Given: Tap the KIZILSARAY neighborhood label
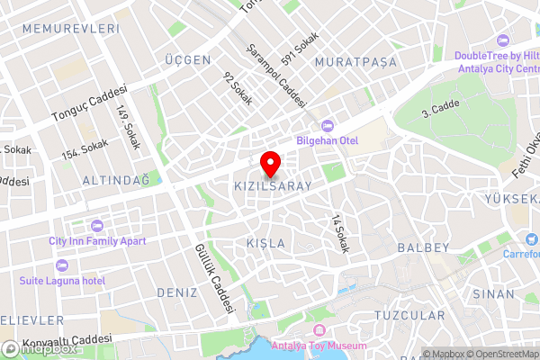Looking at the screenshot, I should click(x=272, y=186).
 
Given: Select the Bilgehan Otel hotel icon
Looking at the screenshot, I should click(x=326, y=126).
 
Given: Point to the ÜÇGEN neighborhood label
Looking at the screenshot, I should click(x=187, y=60).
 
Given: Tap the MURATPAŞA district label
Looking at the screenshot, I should click(x=355, y=62).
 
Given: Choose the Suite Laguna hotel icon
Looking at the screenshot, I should click(x=61, y=265).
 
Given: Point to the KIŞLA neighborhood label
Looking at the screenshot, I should click(x=265, y=244).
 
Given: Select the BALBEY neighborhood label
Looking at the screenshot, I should click(x=422, y=247).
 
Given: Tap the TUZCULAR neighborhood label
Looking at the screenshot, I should click(x=409, y=316).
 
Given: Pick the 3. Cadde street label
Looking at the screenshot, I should click(x=440, y=111).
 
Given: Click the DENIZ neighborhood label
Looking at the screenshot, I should click(x=176, y=292).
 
